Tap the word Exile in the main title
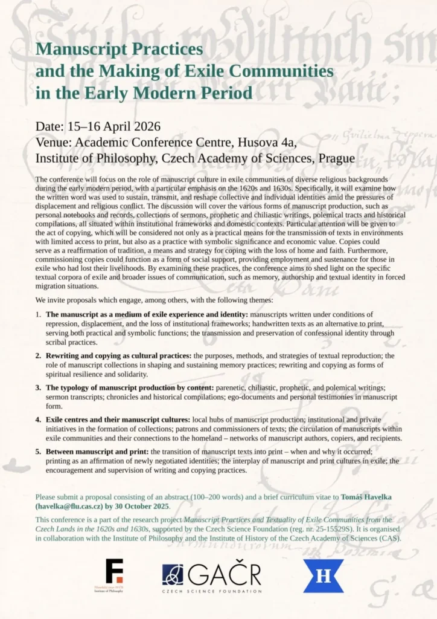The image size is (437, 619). coord(209,71)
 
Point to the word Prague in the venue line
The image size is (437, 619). coord(335,158)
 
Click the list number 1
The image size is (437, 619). coord(38,315)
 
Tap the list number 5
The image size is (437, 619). coord(38,452)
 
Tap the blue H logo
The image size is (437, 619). coord(323,575)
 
